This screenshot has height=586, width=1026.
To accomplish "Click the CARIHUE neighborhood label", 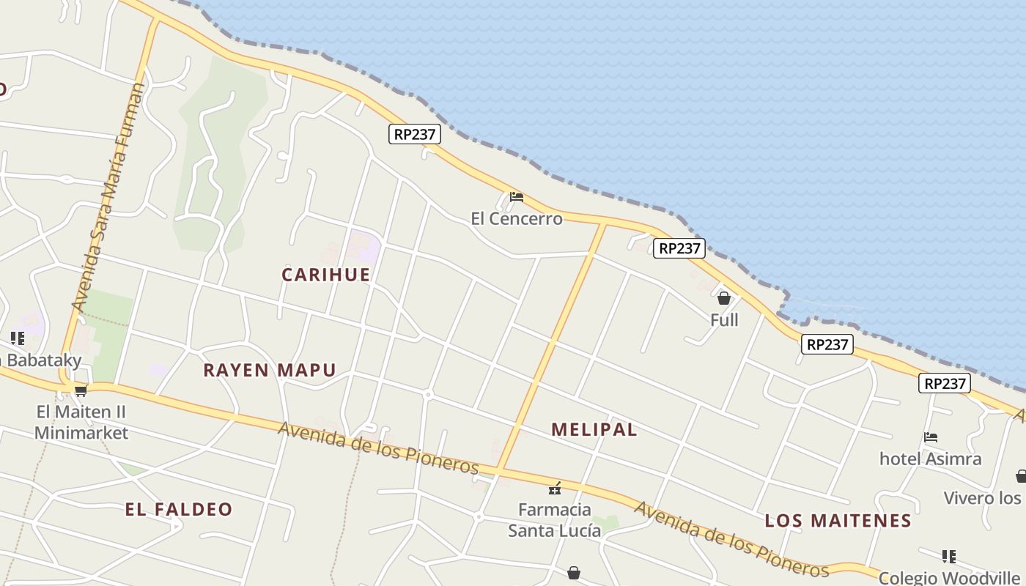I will (x=326, y=275).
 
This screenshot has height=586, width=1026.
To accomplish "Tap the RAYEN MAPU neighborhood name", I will (x=270, y=370).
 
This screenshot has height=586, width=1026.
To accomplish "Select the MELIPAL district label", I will (x=594, y=430).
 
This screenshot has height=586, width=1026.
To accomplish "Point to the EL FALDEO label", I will (x=179, y=510).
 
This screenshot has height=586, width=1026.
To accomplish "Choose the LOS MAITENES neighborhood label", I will (x=838, y=521).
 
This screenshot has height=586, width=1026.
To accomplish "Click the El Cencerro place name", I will (x=517, y=218).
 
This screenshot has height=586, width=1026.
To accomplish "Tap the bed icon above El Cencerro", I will (x=517, y=197).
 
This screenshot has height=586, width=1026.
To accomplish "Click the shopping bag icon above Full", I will (x=724, y=298).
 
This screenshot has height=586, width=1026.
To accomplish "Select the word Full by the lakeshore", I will (x=724, y=320).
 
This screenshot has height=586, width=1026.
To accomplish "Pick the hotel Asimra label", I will (x=931, y=459).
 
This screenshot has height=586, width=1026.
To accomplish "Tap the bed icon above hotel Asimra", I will (x=931, y=437).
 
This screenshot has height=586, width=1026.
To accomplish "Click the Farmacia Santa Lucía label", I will (x=555, y=519).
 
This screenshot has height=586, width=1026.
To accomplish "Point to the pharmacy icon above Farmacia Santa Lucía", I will (x=555, y=489).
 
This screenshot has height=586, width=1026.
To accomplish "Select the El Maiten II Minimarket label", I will (x=81, y=422).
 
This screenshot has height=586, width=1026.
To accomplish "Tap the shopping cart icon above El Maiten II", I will (x=81, y=390).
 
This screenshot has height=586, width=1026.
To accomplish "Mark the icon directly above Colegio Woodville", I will (x=949, y=556).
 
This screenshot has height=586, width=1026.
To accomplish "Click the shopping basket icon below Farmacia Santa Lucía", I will (x=574, y=572).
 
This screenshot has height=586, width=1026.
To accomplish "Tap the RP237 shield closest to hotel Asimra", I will (x=945, y=383).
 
